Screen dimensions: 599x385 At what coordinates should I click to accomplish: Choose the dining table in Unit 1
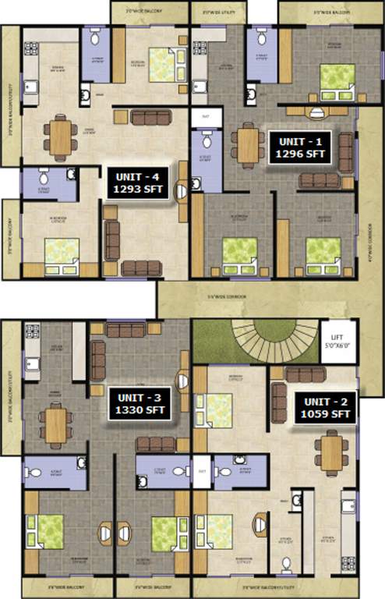click(247, 144)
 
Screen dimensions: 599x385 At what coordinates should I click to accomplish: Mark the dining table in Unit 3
click(56, 425)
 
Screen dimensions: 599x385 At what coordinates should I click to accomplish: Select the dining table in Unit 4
click(58, 136)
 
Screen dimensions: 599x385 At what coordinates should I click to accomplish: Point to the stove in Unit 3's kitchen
click(32, 331)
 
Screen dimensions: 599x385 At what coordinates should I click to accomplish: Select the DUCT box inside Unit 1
click(206, 116)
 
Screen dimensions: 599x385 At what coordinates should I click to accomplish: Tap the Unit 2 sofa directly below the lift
click(305, 374)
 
